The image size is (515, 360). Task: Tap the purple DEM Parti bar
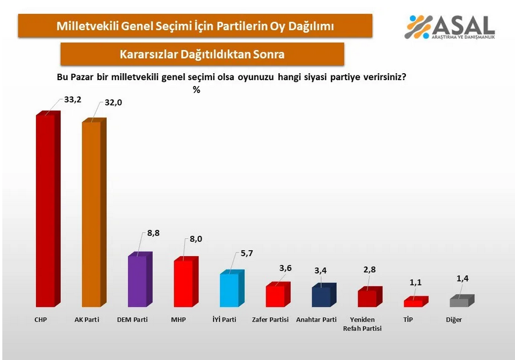[x=138, y=281]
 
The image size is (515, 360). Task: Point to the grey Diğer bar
[x=459, y=302]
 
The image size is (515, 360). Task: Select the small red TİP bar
[x=413, y=303]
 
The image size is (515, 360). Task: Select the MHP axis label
[x=179, y=320]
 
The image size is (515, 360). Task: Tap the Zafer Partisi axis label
[x=271, y=320]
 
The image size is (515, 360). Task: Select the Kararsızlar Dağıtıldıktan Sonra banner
[x=202, y=55]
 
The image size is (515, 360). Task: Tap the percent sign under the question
[x=196, y=89]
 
